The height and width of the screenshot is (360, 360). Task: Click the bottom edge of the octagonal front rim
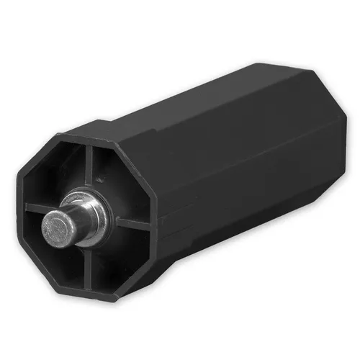[x=101, y=298]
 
